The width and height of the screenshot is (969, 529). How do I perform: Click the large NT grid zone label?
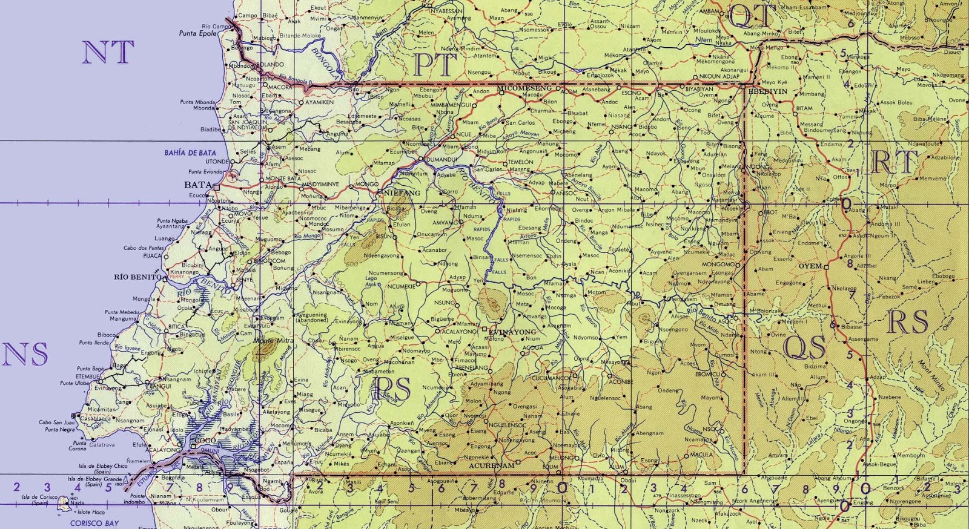(108, 53)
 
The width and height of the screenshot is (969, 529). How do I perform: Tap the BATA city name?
(198, 185)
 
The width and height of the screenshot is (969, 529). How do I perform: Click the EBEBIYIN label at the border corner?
(768, 91)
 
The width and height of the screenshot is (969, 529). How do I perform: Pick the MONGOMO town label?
(718, 264)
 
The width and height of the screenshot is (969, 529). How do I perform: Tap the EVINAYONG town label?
(512, 332)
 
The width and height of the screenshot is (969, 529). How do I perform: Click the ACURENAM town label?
(492, 465)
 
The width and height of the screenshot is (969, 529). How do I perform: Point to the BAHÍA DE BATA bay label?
(190, 153)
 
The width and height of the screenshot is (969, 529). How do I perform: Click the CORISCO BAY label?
(94, 523)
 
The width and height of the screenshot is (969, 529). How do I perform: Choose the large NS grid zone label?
(25, 354)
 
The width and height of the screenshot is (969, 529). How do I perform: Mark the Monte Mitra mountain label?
(273, 341)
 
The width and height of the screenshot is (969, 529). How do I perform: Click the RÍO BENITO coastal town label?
(137, 277)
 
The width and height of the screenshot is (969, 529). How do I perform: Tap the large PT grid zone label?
(435, 65)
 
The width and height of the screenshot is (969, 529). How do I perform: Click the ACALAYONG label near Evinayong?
(459, 332)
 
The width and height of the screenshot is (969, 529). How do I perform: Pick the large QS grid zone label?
(804, 347)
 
